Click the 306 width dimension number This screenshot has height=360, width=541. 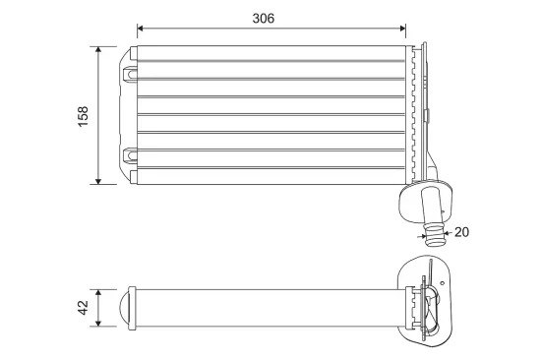click(x=264, y=19)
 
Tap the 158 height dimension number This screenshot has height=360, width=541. click(x=84, y=117)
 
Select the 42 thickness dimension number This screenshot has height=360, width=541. click(x=84, y=308)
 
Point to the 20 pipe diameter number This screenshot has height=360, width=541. click(x=461, y=232)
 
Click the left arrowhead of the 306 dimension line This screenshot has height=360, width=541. click(x=140, y=29)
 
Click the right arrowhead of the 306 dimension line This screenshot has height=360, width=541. click(x=403, y=29)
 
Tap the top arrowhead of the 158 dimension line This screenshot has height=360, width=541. click(x=98, y=49)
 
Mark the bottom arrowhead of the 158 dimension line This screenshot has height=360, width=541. click(x=98, y=181)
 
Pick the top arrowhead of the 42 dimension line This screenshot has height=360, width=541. click(x=98, y=293)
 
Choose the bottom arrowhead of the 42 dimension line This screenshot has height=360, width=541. click(x=98, y=323)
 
